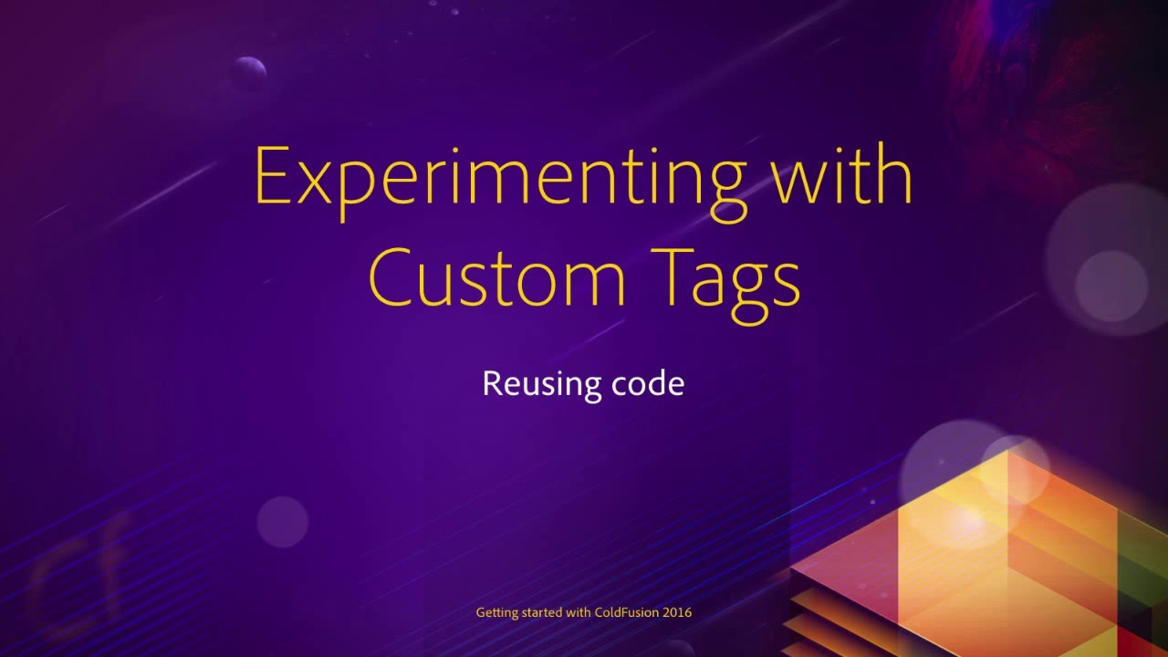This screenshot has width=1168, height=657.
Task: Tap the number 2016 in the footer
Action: (677, 612)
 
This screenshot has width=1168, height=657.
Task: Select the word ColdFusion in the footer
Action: (627, 612)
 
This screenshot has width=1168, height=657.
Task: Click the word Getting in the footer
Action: (496, 612)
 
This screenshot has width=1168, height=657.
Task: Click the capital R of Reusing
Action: (491, 383)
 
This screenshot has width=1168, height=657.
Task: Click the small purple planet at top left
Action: (247, 72)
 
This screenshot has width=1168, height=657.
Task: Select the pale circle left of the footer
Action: (283, 522)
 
